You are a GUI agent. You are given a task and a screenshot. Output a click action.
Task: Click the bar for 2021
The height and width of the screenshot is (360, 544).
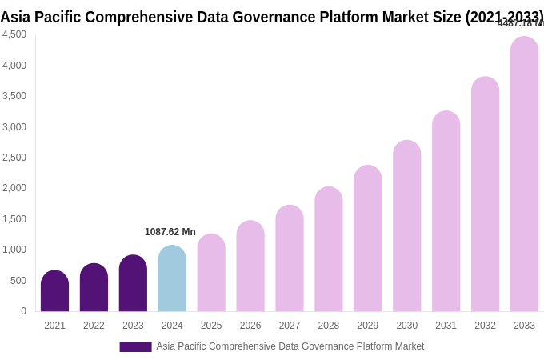54,291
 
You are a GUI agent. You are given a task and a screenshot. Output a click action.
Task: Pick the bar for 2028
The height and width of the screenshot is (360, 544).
329,250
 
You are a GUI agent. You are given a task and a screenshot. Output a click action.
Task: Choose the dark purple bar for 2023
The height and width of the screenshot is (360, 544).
133,283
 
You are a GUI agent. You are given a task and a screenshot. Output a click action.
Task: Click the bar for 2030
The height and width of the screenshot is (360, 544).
406,226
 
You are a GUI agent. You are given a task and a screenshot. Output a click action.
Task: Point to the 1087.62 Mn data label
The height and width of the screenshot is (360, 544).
170,232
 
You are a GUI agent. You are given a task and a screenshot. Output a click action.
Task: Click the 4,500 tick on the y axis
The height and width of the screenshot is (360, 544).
14,34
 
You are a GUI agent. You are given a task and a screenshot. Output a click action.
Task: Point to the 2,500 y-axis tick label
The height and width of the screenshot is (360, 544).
14,158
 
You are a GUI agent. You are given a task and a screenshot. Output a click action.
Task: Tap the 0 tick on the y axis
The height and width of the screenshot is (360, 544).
23,311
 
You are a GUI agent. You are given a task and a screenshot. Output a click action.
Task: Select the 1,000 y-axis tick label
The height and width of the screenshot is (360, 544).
14,250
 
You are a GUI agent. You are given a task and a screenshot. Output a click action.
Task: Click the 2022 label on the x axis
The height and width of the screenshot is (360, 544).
94,326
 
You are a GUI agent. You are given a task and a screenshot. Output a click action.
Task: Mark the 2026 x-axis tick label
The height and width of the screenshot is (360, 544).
250,326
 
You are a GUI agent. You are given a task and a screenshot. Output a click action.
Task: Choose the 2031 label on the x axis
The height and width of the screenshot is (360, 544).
446,326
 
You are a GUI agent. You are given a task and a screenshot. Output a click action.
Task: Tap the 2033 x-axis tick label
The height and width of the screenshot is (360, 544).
524,326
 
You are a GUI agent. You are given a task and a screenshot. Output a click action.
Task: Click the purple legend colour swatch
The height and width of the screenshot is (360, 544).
135,347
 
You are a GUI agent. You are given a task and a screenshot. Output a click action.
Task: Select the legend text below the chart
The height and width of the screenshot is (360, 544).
290,346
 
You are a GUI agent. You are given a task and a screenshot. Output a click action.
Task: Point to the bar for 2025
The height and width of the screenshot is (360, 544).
211,273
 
